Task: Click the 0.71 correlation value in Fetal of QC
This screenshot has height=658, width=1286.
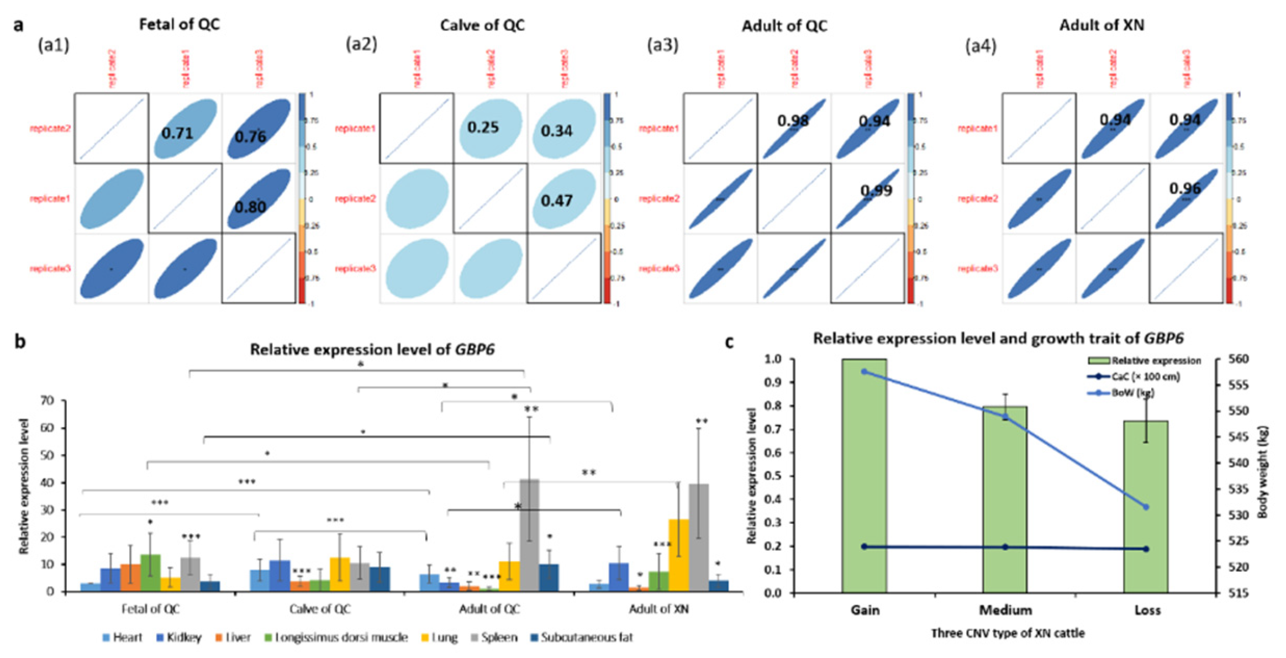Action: (x=177, y=133)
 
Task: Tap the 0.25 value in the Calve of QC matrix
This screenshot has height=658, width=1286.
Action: (x=483, y=128)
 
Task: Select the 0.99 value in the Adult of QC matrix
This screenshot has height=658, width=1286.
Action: (x=876, y=191)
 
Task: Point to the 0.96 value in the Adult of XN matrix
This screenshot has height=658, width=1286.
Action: (x=1185, y=188)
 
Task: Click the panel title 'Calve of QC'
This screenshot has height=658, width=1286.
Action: (x=482, y=25)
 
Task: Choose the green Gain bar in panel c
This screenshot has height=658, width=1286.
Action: (x=864, y=475)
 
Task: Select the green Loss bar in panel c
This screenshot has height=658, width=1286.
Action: (x=1146, y=506)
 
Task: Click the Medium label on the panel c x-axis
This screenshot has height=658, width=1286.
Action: (x=1005, y=610)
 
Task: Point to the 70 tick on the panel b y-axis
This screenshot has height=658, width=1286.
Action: (x=47, y=401)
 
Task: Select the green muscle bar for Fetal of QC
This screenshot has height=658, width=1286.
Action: (x=150, y=572)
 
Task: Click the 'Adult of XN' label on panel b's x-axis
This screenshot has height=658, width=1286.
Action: (x=658, y=609)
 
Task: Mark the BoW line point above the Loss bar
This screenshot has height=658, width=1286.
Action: (x=1146, y=507)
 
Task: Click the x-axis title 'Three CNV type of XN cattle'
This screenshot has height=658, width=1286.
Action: (x=1008, y=633)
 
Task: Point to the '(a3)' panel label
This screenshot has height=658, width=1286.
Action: (x=662, y=45)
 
